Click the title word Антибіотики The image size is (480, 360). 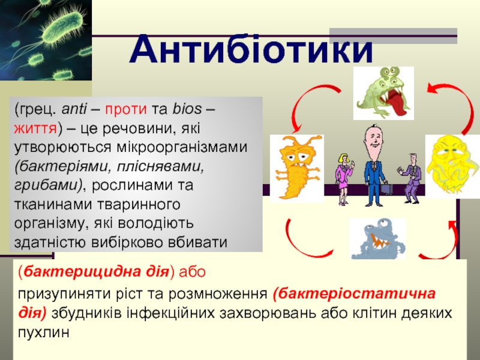tap(251, 49)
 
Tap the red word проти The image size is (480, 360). tap(126, 109)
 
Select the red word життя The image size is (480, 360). tap(35, 128)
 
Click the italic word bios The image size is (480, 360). tap(187, 109)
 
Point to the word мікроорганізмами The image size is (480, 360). tap(182, 148)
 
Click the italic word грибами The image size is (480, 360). tap(46, 186)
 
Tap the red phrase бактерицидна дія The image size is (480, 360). tap(96, 271)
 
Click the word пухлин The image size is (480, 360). tap(43, 333)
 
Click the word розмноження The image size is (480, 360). tap(218, 294)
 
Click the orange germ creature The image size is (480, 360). tap(296, 168)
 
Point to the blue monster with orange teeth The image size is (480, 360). tap(377, 239)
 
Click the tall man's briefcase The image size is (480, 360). tap(386, 188)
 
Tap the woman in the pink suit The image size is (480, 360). tap(344, 178)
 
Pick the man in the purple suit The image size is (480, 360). tap(411, 178)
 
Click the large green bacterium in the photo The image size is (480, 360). tap(64, 26)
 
